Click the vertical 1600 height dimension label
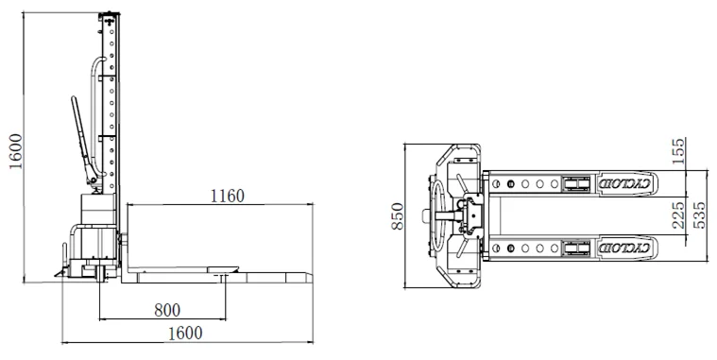tap(15, 151)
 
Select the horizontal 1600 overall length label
tap(185, 333)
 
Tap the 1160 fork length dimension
tap(228, 197)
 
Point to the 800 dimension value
tap(167, 310)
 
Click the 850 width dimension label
tap(398, 216)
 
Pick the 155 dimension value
tap(678, 151)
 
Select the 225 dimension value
tap(678, 215)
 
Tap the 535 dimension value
tap(699, 215)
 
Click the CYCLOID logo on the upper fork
tap(624, 184)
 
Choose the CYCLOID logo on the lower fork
tap(624, 249)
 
